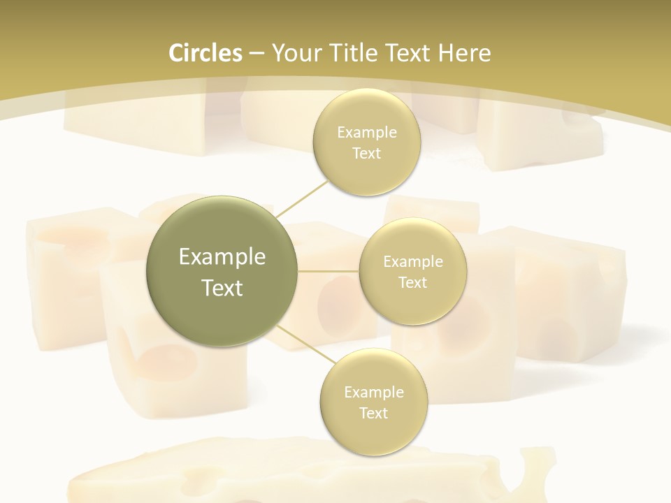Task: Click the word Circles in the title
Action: pos(205,53)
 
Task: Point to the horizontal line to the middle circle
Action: pos(329,271)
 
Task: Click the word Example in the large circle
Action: pos(222,257)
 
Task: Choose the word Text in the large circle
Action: pos(222,288)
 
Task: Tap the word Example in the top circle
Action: pos(366,133)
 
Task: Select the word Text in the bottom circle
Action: pos(373,413)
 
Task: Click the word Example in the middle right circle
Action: pos(412,262)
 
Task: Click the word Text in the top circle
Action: pos(366,154)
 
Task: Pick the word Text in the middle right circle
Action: pos(412,283)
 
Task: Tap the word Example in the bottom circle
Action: pos(373,393)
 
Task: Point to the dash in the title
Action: pos(257,53)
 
